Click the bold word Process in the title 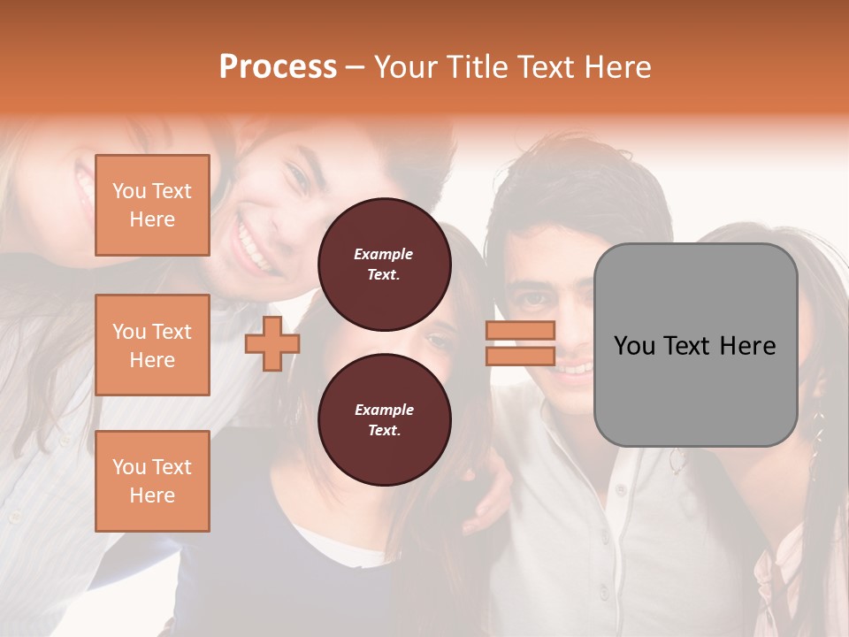[278, 67]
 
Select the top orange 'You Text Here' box [152, 205]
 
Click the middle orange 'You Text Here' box [152, 345]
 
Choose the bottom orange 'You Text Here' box [152, 480]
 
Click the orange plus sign [272, 343]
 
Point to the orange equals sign [520, 343]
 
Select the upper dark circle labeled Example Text [385, 265]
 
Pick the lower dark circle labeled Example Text [385, 420]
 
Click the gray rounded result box [695, 345]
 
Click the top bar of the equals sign [520, 330]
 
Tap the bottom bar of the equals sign [520, 356]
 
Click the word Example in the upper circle [384, 254]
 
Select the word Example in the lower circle [384, 410]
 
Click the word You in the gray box [634, 346]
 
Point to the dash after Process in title [356, 67]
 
